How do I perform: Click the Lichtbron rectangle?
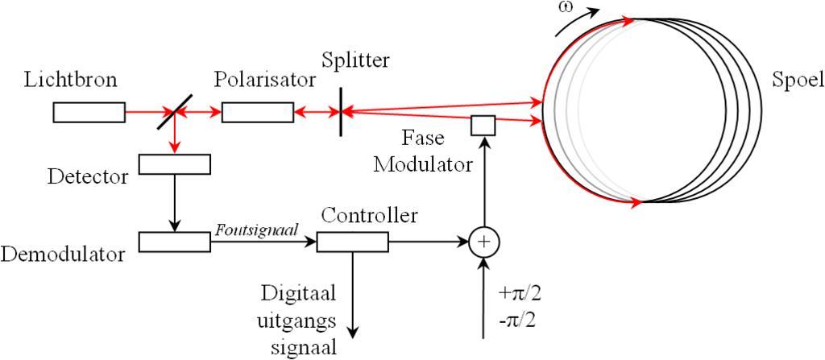click(89, 113)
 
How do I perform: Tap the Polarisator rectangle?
click(257, 113)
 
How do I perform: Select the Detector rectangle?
click(174, 163)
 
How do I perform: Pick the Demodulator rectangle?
click(174, 241)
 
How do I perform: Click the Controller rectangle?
click(352, 241)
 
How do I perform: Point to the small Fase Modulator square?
click(483, 126)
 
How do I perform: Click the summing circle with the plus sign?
click(483, 241)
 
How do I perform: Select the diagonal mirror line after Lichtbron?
click(175, 112)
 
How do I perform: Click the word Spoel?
click(797, 81)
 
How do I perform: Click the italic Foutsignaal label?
click(257, 230)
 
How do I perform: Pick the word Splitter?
click(355, 60)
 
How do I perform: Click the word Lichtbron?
click(71, 81)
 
